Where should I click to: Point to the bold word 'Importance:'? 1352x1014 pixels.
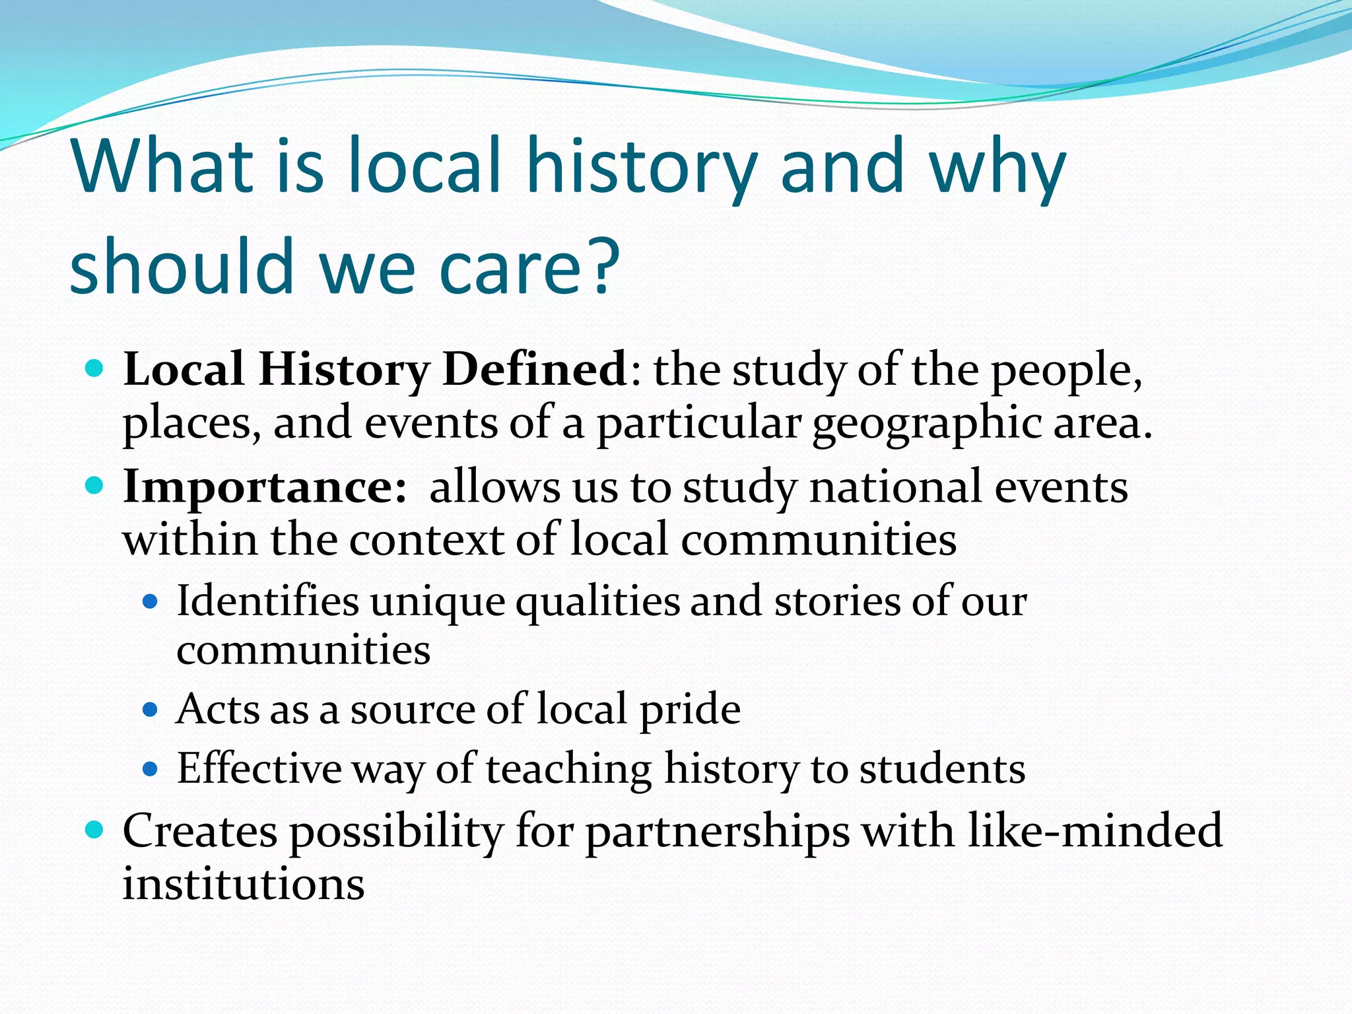pos(265,487)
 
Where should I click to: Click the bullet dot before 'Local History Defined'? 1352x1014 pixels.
pos(95,368)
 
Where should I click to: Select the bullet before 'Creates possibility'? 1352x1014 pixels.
pos(95,829)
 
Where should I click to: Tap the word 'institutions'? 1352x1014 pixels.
pos(244,884)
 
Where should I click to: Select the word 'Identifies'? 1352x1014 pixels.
pos(267,601)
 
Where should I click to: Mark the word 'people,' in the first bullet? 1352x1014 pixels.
pos(1067,371)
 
